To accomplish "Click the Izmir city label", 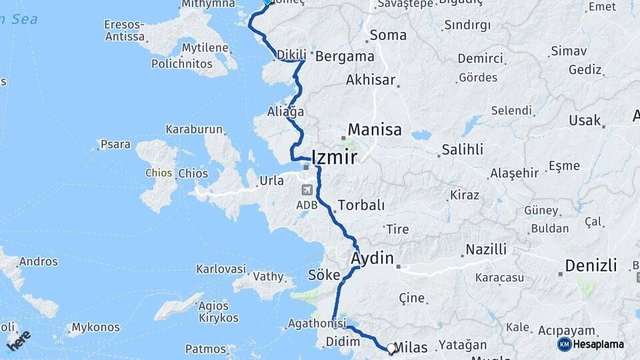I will coord(334,157).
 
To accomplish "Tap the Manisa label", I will coord(375,129).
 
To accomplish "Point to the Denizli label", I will coord(591,265).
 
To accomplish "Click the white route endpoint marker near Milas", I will coord(391,348).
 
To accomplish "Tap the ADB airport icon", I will coord(306,191).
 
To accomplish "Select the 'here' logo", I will coord(19,340).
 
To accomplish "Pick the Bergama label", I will coord(344,56).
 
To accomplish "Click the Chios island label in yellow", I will coord(159,173).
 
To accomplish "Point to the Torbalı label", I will coord(359,205).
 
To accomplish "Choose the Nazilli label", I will coord(485,250).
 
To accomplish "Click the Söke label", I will coord(324,275).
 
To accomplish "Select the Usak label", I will coord(585,121).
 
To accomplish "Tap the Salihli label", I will coord(461,150).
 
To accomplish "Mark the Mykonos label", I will coord(96,327).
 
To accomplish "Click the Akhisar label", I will coord(371,81).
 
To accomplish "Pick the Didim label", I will coord(343,341).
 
